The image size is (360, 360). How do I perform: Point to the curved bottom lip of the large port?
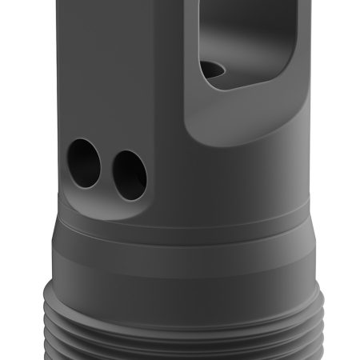(240, 90)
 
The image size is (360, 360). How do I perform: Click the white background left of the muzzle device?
(24, 160)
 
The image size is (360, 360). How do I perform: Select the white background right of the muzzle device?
(336, 160)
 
